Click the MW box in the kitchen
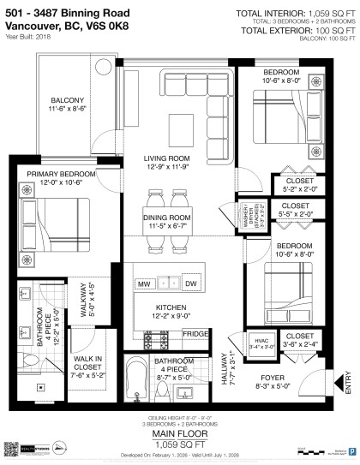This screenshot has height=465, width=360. point(145,283)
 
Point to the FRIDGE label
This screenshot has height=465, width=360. point(195,333)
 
